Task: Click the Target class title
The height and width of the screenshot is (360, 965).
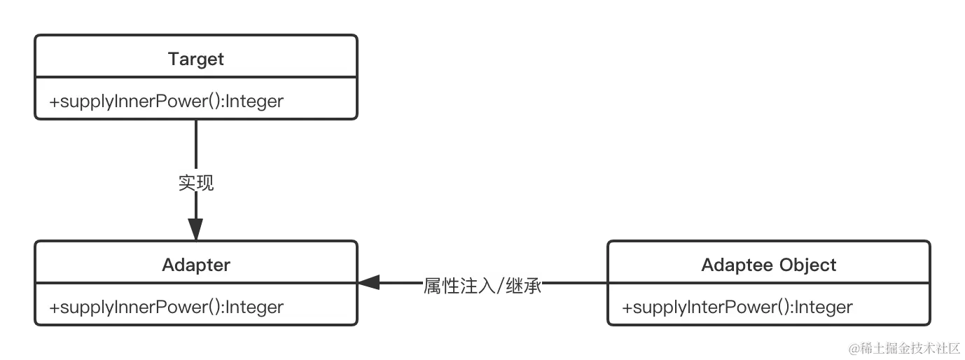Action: pyautogui.click(x=196, y=59)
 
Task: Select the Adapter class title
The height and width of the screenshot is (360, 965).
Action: pyautogui.click(x=196, y=265)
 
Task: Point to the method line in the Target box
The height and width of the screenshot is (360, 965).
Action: pyautogui.click(x=167, y=101)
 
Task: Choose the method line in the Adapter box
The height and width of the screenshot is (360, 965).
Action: pyautogui.click(x=167, y=307)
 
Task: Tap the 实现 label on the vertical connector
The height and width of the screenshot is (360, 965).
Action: pyautogui.click(x=196, y=183)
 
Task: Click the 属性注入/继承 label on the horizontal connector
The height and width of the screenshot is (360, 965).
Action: pyautogui.click(x=482, y=285)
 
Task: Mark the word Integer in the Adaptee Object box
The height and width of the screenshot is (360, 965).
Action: pyautogui.click(x=824, y=307)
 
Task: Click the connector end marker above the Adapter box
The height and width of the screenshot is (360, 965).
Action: pyautogui.click(x=196, y=224)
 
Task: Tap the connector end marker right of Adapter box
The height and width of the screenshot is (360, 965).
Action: pyautogui.click(x=372, y=283)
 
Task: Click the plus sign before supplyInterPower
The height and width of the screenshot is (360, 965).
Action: pyautogui.click(x=627, y=307)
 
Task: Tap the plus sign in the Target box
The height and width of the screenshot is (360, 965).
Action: pyautogui.click(x=54, y=102)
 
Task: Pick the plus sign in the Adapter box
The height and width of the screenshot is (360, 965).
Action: pyautogui.click(x=54, y=307)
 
